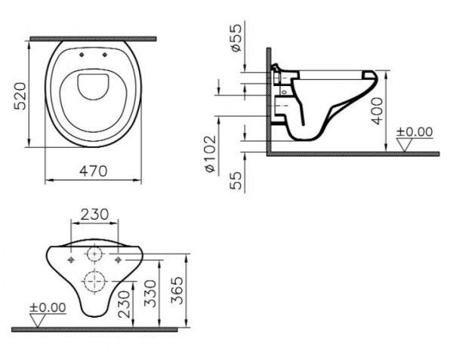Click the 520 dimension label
[20, 96]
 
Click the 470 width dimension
[94, 171]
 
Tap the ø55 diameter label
[236, 38]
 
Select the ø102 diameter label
[211, 154]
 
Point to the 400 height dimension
[377, 111]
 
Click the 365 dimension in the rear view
[177, 291]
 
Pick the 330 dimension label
[150, 294]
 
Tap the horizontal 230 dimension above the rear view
[94, 214]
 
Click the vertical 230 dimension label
[125, 304]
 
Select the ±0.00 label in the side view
[414, 132]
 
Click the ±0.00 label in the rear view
[48, 307]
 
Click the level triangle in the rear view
[38, 321]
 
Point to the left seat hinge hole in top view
[82, 55]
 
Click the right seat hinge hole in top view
[105, 55]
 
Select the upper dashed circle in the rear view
[94, 254]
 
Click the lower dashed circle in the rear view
[94, 282]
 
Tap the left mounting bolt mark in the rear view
[71, 260]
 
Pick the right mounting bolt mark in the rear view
[118, 260]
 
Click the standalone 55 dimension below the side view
[236, 180]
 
